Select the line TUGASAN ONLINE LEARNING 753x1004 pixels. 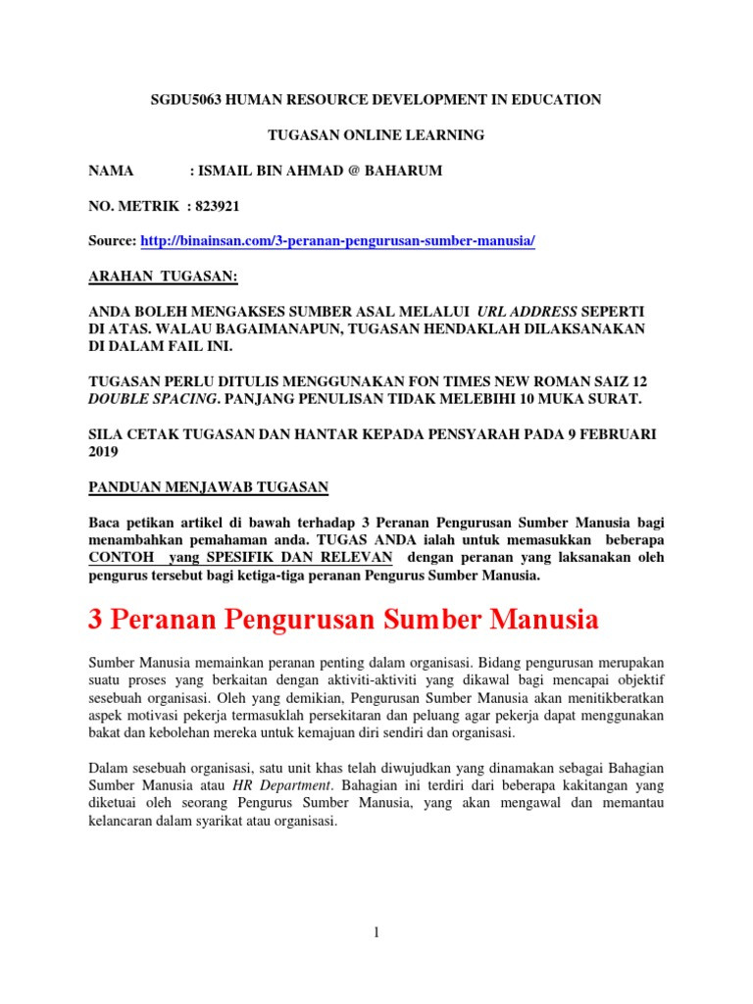coord(376,135)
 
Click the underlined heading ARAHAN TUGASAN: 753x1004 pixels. coord(164,277)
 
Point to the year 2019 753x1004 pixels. coord(104,451)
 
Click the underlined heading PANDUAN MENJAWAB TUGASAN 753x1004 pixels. coord(209,486)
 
